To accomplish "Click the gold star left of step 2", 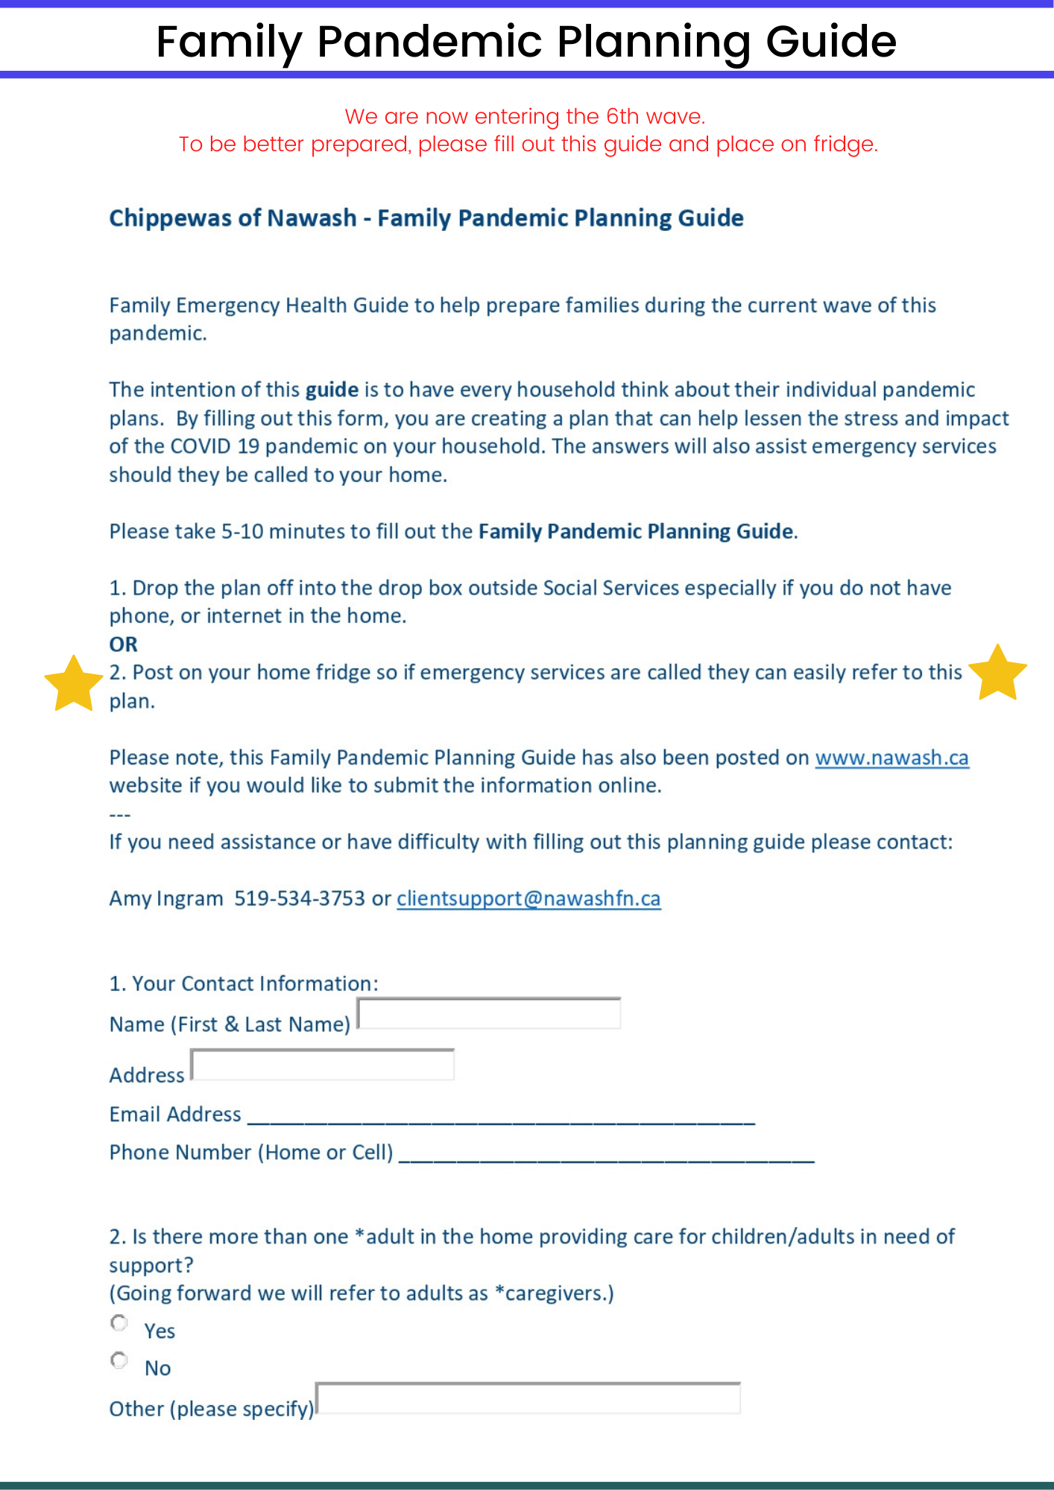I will point(73,684).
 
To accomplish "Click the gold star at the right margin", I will point(997,673).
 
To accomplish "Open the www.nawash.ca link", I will point(892,758).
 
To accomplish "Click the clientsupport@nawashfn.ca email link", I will point(528,898).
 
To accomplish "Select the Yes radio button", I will point(119,1323).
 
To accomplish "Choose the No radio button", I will point(119,1360).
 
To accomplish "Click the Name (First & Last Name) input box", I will point(489,1014).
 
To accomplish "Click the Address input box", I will point(323,1065).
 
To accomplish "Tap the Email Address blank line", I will point(501,1115).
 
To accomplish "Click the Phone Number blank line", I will point(607,1153).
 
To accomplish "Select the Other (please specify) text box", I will point(528,1398).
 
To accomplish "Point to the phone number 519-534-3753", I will point(300,898).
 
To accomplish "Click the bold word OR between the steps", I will point(124,644).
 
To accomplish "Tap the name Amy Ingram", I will point(166,898).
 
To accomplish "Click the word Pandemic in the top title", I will point(429,41).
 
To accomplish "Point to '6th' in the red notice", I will point(622,116).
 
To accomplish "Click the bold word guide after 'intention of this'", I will point(332,390).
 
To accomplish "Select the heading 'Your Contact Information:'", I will point(255,983).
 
